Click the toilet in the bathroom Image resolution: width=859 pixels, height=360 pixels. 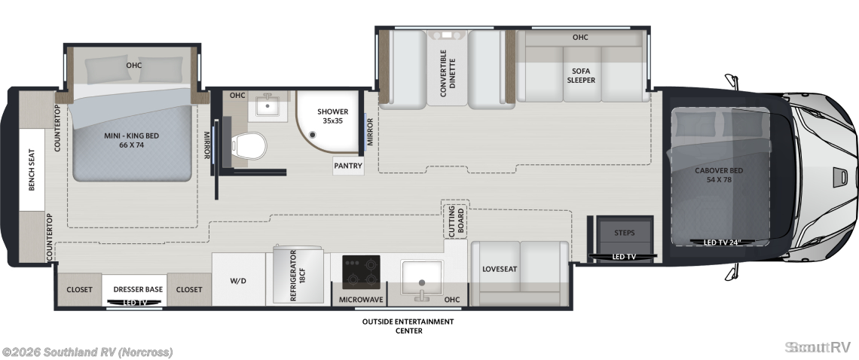(249, 146)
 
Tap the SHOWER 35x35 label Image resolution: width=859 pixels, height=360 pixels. (332, 116)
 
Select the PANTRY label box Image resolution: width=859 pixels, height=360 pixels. (348, 166)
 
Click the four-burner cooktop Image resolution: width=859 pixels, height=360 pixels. (361, 272)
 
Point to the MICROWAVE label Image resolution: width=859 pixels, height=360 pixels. (360, 300)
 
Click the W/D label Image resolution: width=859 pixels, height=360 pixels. (238, 281)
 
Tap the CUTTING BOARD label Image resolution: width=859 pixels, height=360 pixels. (456, 220)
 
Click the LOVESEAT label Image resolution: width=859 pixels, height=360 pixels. (500, 269)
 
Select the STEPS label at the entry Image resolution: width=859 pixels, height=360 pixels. (624, 233)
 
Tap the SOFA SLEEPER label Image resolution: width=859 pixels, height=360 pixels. (581, 75)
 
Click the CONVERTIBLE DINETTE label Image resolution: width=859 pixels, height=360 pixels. (447, 73)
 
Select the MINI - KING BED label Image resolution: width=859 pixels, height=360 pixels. (131, 140)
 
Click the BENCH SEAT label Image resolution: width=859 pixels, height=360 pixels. (31, 170)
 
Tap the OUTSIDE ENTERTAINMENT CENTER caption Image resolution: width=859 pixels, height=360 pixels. (408, 326)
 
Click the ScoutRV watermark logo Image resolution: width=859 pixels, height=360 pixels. (818, 347)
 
